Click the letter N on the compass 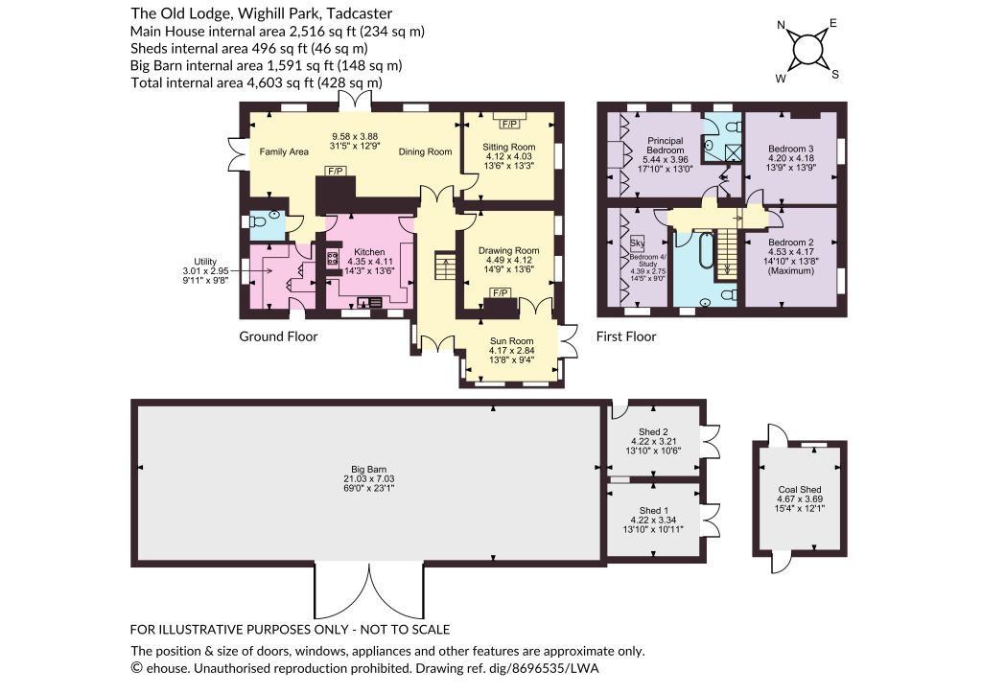pos(781,26)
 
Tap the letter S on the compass pos(835,75)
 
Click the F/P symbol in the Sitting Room pos(508,125)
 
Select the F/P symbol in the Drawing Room pos(500,293)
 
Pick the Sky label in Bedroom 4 pos(637,243)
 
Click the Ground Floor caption pos(278,336)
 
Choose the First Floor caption pos(625,336)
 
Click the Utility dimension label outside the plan pos(205,271)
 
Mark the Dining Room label pos(425,151)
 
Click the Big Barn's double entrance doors pos(369,592)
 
